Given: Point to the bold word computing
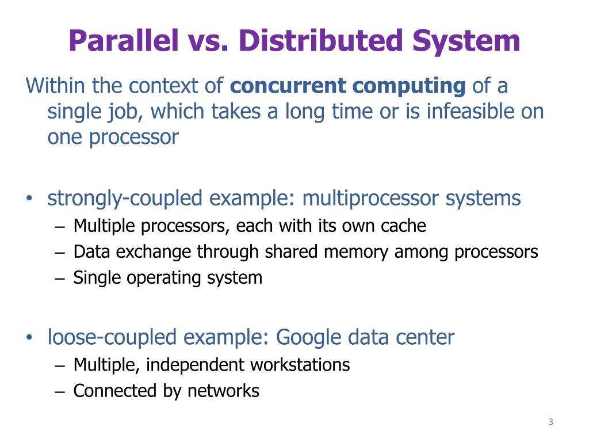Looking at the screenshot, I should click(409, 86).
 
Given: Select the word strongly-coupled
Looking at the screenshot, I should click(125, 199).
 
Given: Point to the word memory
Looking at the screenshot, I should click(357, 252).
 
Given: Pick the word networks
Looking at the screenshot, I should click(223, 391).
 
